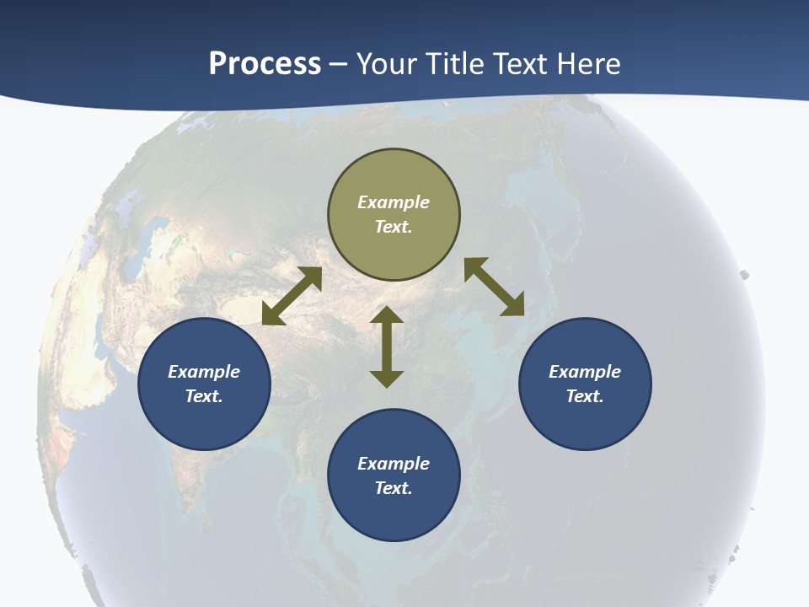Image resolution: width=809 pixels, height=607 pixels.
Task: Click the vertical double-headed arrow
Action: (387, 346)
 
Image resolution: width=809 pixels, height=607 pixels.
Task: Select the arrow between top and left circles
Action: (292, 296)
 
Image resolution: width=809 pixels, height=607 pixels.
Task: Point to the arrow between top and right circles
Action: (495, 287)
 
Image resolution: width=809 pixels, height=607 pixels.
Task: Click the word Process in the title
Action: (265, 64)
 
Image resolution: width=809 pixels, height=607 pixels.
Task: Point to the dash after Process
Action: (339, 64)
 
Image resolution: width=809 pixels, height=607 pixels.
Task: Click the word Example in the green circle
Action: (394, 202)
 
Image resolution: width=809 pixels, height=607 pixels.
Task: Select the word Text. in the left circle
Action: (204, 396)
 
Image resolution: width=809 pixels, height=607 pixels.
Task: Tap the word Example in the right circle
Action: (585, 372)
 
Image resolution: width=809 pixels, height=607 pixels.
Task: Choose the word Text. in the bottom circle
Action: (394, 488)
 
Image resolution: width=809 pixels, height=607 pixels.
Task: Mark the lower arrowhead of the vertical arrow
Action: (387, 379)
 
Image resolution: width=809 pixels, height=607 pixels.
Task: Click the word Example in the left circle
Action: (204, 372)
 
